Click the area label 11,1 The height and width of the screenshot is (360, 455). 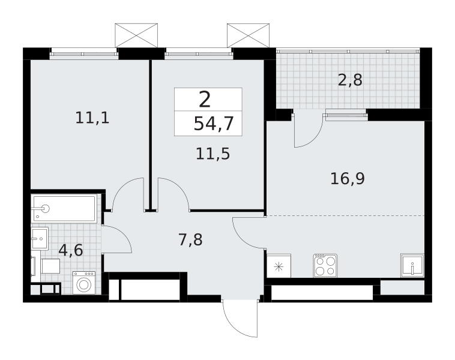92,118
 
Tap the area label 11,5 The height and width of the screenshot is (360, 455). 213,154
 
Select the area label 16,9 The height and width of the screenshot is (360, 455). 348,179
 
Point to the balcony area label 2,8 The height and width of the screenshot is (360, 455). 350,80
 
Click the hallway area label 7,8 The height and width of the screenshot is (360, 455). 191,240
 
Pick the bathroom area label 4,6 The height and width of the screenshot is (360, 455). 71,250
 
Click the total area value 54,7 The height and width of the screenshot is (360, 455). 214,124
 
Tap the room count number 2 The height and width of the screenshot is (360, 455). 205,100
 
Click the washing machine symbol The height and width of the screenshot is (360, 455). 84,283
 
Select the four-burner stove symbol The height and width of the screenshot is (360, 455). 325,265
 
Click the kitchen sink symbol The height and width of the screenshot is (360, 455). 412,265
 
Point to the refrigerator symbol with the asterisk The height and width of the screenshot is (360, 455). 279,266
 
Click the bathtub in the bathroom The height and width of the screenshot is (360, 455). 64,209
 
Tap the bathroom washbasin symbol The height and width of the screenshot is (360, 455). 40,238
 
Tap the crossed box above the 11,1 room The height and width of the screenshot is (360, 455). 136,35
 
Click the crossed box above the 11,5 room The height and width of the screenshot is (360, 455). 248,35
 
